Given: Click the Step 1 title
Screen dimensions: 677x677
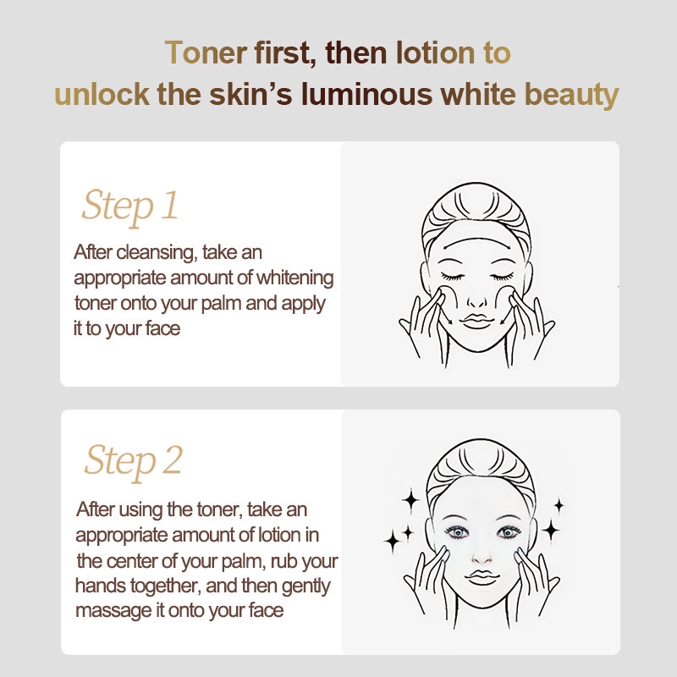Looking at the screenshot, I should pyautogui.click(x=129, y=206).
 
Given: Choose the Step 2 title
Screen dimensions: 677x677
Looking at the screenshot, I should pyautogui.click(x=133, y=461).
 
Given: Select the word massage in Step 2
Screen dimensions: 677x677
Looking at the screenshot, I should pyautogui.click(x=114, y=610).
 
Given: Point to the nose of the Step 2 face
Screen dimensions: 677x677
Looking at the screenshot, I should pyautogui.click(x=480, y=553).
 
